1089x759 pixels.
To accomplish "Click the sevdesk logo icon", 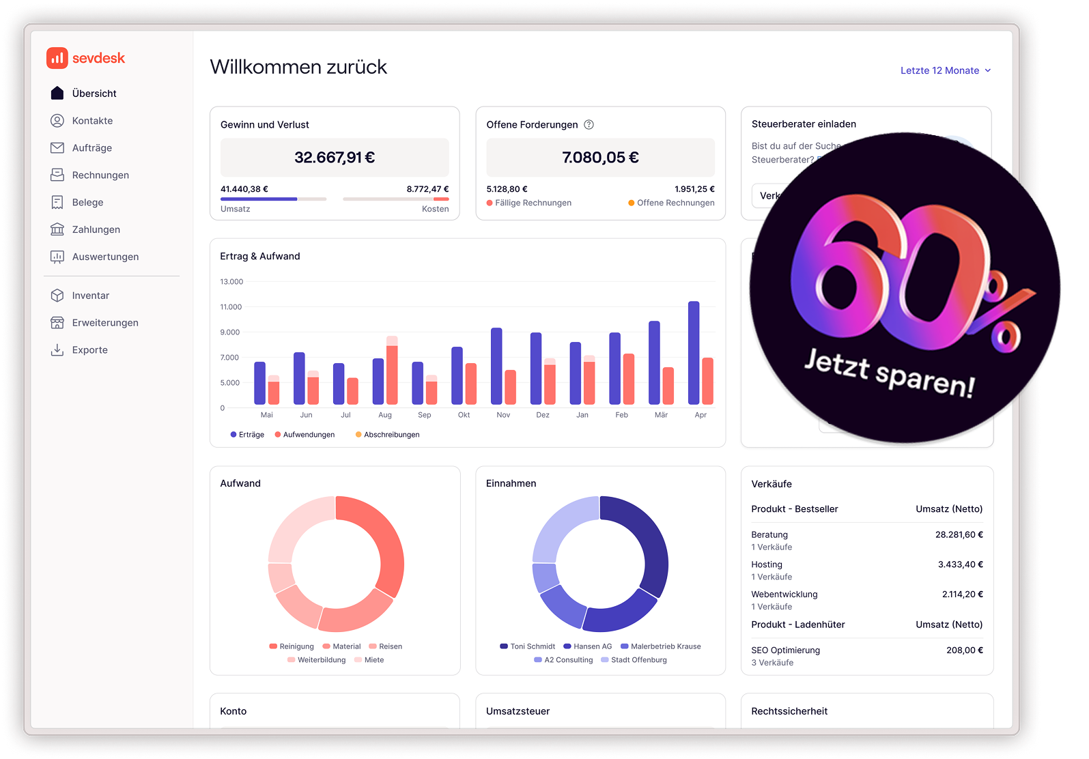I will pyautogui.click(x=57, y=58).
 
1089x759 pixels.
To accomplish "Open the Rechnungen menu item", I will pyautogui.click(x=100, y=175).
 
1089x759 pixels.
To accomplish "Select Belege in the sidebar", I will pyautogui.click(x=87, y=203).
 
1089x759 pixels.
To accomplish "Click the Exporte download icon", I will pyautogui.click(x=57, y=350).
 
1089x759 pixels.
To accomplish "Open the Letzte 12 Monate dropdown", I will pyautogui.click(x=945, y=70).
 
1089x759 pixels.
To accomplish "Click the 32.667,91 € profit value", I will pyautogui.click(x=335, y=158).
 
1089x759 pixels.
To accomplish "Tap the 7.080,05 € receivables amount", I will pyautogui.click(x=600, y=158).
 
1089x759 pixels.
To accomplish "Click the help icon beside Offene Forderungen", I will pyautogui.click(x=589, y=124).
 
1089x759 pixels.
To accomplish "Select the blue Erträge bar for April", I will pyautogui.click(x=694, y=353).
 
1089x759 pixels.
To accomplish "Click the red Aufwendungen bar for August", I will pyautogui.click(x=392, y=375).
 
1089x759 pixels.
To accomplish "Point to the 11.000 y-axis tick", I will pyautogui.click(x=231, y=307).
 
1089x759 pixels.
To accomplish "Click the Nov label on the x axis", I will pyautogui.click(x=503, y=415).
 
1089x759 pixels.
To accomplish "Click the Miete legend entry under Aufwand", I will pyautogui.click(x=373, y=660).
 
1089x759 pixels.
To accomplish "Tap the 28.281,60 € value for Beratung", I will pyautogui.click(x=959, y=535).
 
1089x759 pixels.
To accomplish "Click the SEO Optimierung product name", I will pyautogui.click(x=785, y=650).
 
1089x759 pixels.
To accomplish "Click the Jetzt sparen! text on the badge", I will pyautogui.click(x=890, y=372).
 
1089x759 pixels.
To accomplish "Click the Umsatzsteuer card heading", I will pyautogui.click(x=518, y=711).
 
